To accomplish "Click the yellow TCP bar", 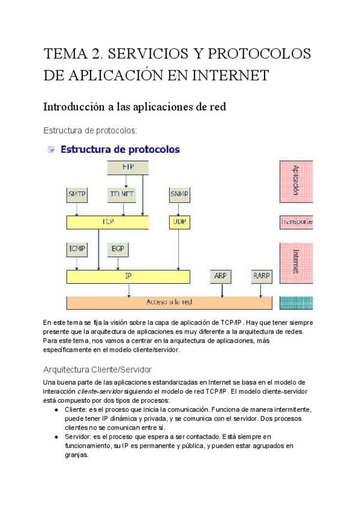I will click(107, 222).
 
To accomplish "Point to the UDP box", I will click(179, 222).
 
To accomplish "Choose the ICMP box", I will click(76, 248).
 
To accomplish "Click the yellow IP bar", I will click(128, 276).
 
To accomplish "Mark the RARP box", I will click(261, 276).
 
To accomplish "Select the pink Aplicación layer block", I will click(296, 181).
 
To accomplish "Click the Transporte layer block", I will click(296, 222).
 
